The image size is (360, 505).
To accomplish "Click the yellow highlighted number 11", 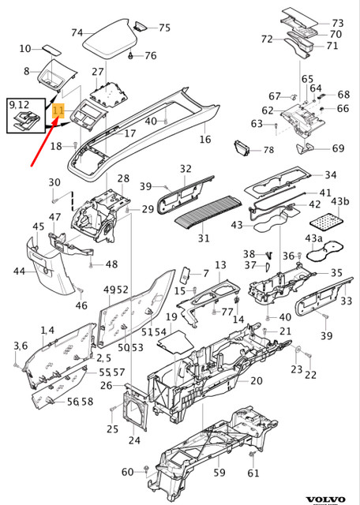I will (x=58, y=110).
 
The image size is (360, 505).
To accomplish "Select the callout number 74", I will (x=77, y=32).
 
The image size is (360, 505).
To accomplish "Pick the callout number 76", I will (x=150, y=56).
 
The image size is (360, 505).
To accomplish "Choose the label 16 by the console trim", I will (x=205, y=140).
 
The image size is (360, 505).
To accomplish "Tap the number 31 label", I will (x=204, y=238).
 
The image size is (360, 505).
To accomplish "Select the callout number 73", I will (x=337, y=24).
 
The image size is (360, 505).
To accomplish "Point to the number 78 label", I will (x=268, y=150).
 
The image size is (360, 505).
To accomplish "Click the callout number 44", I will (x=18, y=271).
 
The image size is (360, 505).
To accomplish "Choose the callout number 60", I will (x=128, y=472).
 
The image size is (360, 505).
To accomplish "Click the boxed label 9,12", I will (x=18, y=104).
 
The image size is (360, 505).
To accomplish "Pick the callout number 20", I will (x=256, y=381).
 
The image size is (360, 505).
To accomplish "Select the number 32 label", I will (x=186, y=169).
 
